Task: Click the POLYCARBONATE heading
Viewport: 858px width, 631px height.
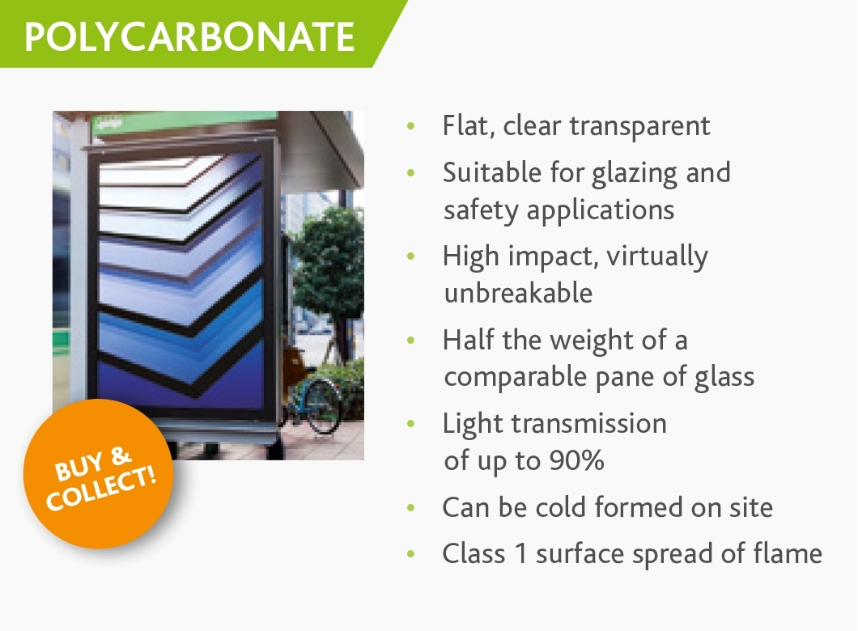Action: pos(189,37)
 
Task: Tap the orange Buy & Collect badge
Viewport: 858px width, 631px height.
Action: pos(99,473)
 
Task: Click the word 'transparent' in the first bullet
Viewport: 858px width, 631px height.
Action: pos(639,126)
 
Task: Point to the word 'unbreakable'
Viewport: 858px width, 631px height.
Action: pos(518,293)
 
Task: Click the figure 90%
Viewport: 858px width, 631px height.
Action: pos(577,460)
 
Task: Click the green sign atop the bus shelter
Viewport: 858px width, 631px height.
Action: pos(185,121)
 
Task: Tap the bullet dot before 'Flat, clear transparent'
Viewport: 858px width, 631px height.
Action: pos(411,126)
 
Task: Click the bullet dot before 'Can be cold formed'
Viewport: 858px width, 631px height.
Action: pos(411,507)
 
